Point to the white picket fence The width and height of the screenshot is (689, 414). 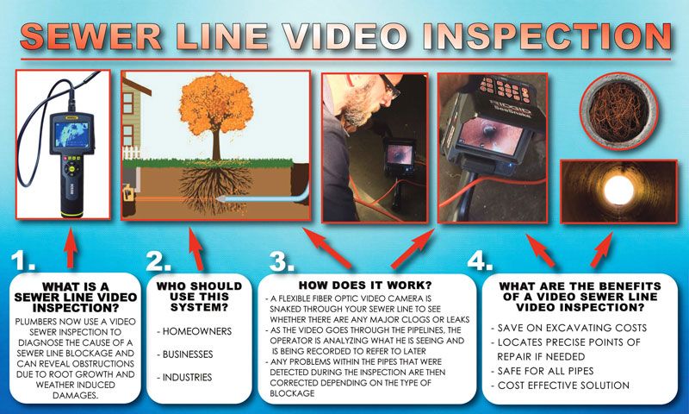tap(133, 153)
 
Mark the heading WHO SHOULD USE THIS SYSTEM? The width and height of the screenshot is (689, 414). tap(191, 296)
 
